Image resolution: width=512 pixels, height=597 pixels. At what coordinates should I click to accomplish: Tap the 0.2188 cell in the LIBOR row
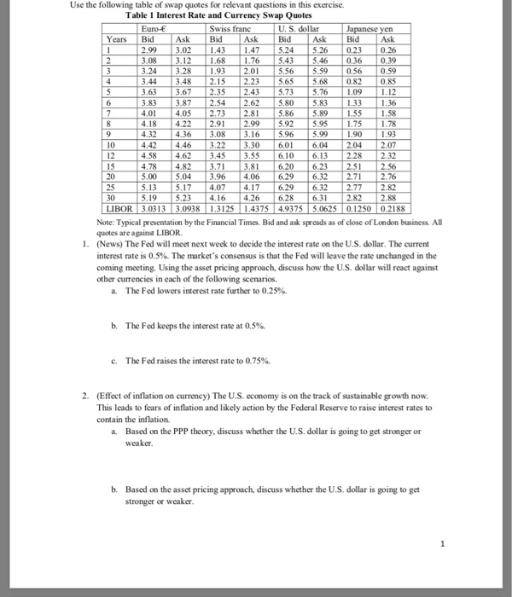397,207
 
